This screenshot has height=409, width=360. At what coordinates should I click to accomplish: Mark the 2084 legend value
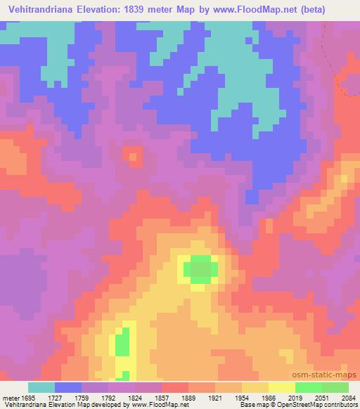tap(349, 397)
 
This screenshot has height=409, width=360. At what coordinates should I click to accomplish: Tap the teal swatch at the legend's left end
tap(41, 387)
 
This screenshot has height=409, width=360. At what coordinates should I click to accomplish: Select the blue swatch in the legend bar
tap(68, 387)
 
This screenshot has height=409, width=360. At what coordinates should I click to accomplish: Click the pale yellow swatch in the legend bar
tap(281, 387)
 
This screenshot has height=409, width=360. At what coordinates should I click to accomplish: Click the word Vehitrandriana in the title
tap(41, 9)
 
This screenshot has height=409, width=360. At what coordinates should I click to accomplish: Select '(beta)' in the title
tap(334, 9)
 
